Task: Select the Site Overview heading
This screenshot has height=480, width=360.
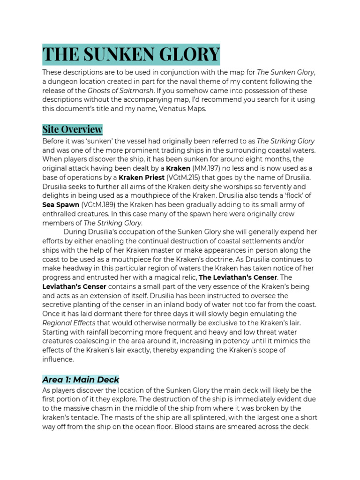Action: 72,129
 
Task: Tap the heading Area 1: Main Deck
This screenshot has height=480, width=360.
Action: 81,379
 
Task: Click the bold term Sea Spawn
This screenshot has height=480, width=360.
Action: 61,204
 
